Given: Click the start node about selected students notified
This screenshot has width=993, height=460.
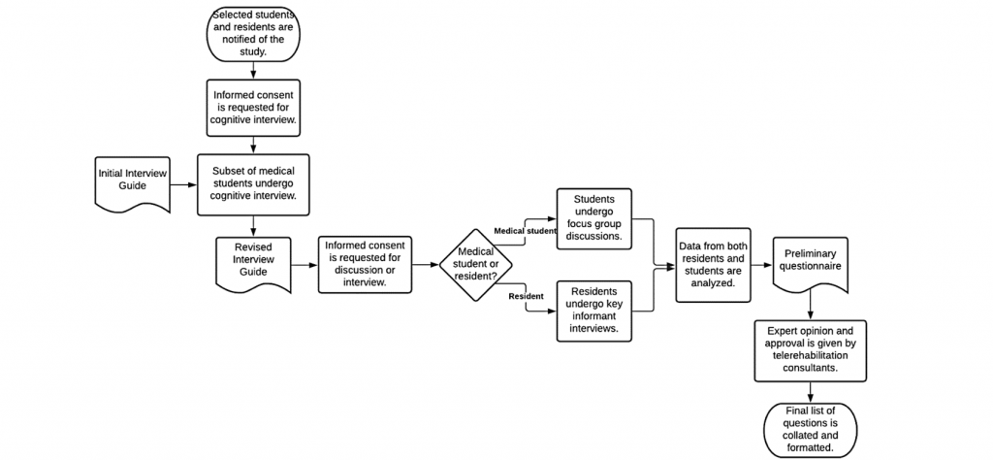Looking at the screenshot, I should (x=253, y=33).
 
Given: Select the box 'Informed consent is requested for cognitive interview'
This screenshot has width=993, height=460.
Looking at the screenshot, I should (x=253, y=106).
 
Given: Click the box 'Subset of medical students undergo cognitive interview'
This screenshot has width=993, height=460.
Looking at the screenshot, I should (x=253, y=183).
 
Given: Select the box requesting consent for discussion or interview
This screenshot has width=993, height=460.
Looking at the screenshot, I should (x=365, y=263).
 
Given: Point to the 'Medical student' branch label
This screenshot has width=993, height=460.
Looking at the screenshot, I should (x=526, y=231).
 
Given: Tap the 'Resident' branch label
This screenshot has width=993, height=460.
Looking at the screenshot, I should (x=525, y=296).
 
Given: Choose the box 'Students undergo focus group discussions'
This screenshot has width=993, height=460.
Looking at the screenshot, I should (x=593, y=218).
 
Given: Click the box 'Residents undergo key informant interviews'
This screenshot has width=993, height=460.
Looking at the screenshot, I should (x=593, y=310).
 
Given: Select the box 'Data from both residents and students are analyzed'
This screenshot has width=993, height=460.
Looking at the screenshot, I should (x=714, y=265).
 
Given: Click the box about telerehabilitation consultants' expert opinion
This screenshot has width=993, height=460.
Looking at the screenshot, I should (x=810, y=348).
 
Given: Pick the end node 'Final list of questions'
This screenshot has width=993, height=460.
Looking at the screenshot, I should (x=810, y=429).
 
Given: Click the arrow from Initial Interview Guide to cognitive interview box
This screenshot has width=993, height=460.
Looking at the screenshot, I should (x=184, y=182).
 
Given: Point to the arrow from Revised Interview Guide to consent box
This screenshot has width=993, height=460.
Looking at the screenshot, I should (x=304, y=264).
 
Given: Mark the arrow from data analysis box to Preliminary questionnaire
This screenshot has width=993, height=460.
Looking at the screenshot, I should (x=761, y=264).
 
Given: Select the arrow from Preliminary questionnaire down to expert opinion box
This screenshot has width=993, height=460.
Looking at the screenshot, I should (x=810, y=308).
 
